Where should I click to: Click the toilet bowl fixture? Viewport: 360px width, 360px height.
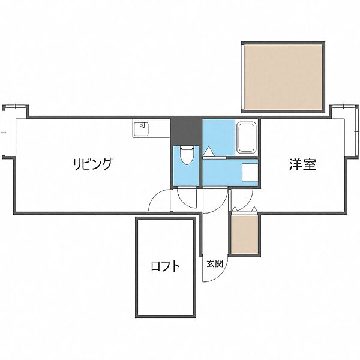185,157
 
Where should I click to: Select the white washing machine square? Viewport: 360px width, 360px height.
250,173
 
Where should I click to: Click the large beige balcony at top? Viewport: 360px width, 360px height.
283,76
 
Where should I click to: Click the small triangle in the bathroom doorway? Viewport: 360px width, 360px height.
208,151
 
